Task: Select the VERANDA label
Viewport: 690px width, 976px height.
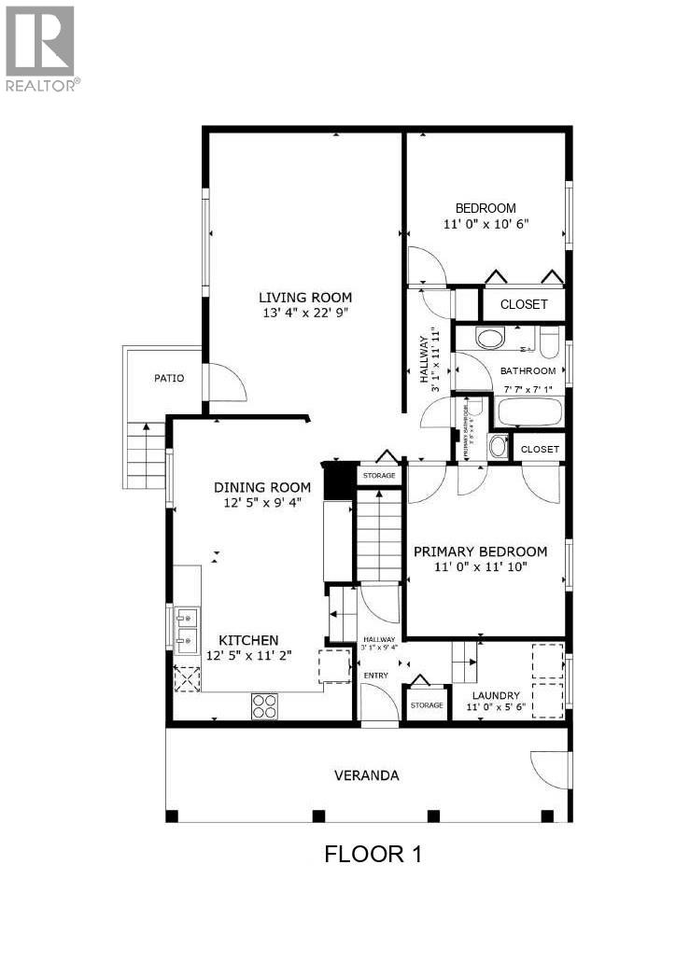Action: [367, 775]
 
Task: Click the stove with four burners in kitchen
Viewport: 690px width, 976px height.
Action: [264, 706]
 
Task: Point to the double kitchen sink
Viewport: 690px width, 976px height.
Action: [187, 627]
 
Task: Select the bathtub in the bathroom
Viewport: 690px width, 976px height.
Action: [529, 411]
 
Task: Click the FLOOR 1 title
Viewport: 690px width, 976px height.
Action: [372, 854]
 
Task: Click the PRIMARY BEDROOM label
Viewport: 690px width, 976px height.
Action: [480, 551]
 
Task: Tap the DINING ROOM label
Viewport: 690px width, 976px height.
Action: [261, 487]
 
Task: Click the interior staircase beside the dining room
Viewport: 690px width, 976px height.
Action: [378, 539]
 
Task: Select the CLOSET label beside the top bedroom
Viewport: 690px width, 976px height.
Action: [524, 304]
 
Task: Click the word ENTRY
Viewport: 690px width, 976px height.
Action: [375, 675]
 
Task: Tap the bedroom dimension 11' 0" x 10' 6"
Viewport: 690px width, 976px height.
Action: [485, 224]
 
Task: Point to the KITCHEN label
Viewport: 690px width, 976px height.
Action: [248, 640]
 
